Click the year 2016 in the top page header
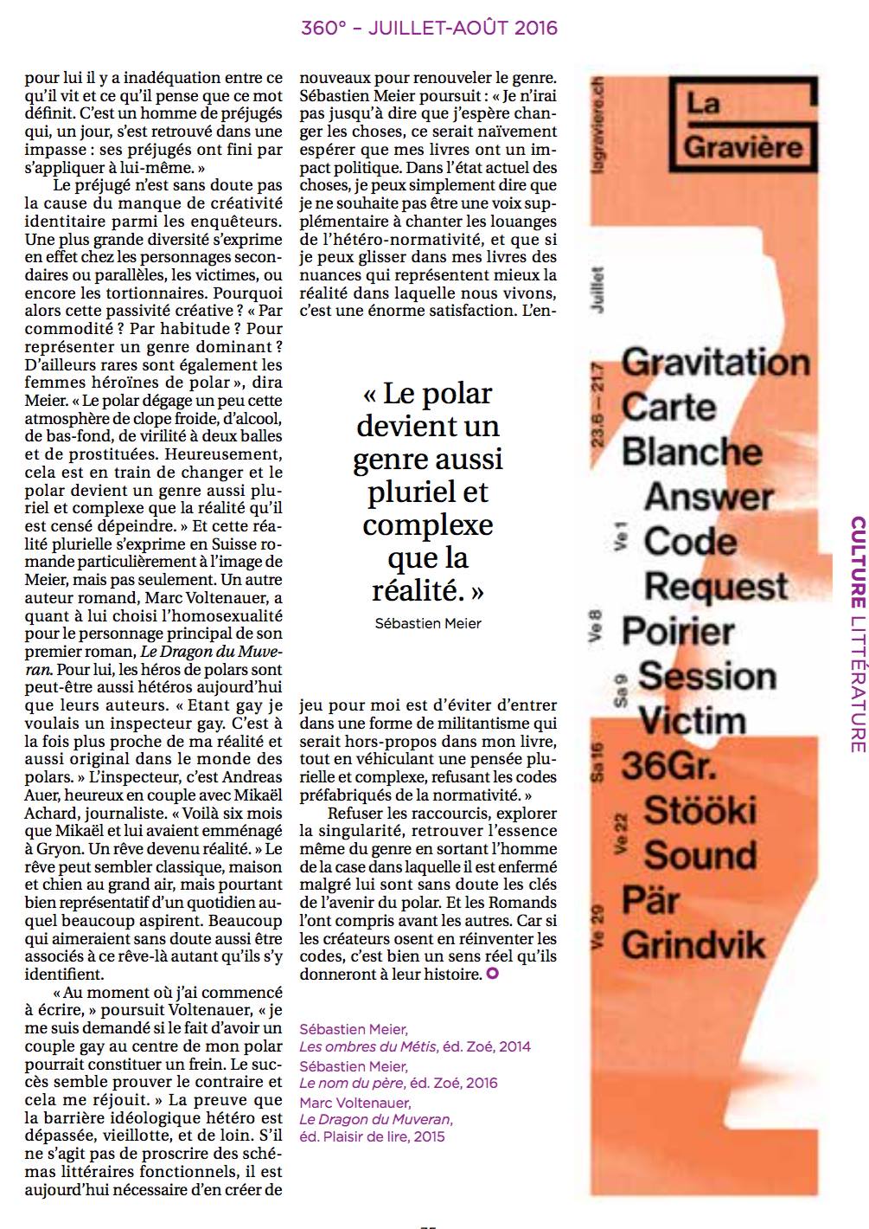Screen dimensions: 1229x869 (x=536, y=28)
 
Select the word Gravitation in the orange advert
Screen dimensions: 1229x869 (x=716, y=362)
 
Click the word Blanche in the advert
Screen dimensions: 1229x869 (x=692, y=452)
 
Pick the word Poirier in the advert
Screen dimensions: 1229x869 (x=678, y=631)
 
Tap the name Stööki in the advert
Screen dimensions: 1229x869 (x=700, y=811)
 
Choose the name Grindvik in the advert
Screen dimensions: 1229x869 (x=693, y=945)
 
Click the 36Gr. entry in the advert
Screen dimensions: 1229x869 (x=662, y=766)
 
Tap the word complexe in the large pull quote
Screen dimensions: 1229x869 (x=427, y=525)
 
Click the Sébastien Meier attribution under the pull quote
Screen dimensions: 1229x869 (x=428, y=623)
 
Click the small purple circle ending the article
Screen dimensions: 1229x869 (x=493, y=975)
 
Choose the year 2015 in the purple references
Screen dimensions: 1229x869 (x=429, y=1136)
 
